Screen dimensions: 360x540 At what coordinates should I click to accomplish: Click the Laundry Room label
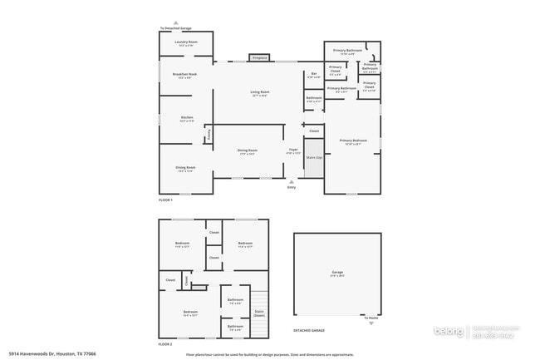(186, 42)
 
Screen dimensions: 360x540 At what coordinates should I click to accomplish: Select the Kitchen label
(186, 119)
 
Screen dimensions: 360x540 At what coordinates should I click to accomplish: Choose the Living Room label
(260, 93)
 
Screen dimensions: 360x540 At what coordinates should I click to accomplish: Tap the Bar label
(314, 76)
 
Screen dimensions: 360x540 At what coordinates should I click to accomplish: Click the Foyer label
(293, 151)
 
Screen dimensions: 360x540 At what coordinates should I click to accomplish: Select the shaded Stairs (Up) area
(314, 159)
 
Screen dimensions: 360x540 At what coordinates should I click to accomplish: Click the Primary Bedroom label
(353, 141)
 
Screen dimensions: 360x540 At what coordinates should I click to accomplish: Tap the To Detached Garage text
(176, 28)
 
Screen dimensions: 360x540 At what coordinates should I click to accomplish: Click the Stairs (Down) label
(259, 313)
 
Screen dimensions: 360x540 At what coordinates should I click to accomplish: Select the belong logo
(453, 332)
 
